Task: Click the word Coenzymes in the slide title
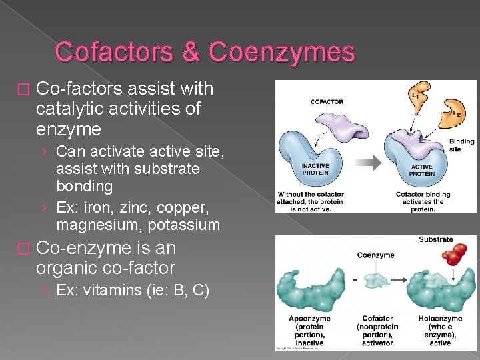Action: tap(282, 52)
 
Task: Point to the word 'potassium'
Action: tap(185, 225)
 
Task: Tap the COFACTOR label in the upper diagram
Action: tap(327, 102)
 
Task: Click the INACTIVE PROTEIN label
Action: tap(315, 170)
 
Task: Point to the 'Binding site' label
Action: tap(461, 145)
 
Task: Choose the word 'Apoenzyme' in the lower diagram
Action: tap(310, 319)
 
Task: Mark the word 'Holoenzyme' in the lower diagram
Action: tap(440, 319)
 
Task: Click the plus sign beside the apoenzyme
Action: tap(355, 280)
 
